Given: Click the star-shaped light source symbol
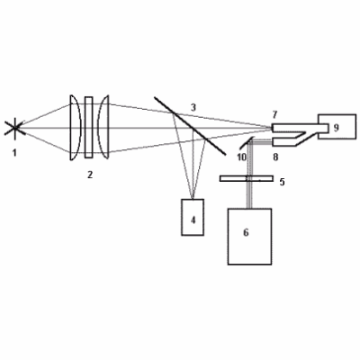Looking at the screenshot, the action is [15, 128].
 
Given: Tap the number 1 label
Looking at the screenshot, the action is [14, 153].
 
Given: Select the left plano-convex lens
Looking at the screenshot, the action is [76, 128].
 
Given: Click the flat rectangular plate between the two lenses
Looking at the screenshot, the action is [89, 127].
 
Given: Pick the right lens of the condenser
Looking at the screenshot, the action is [103, 127].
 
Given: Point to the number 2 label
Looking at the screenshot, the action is [90, 175].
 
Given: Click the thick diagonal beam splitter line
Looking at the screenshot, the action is [190, 126].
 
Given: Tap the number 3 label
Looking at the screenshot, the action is [193, 107].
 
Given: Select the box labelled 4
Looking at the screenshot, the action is [193, 217].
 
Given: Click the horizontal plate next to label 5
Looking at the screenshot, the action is [247, 178].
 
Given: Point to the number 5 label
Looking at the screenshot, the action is [282, 182].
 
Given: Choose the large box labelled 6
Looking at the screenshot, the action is [250, 237].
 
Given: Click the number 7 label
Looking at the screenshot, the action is [274, 114].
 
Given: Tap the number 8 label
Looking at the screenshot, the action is [275, 157].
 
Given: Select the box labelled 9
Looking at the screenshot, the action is [337, 127].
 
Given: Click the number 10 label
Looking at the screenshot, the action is [241, 157].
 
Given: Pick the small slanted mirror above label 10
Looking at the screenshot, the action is [247, 142].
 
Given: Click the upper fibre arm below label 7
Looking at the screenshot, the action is [300, 128].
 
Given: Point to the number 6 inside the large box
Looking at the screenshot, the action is [246, 232].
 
